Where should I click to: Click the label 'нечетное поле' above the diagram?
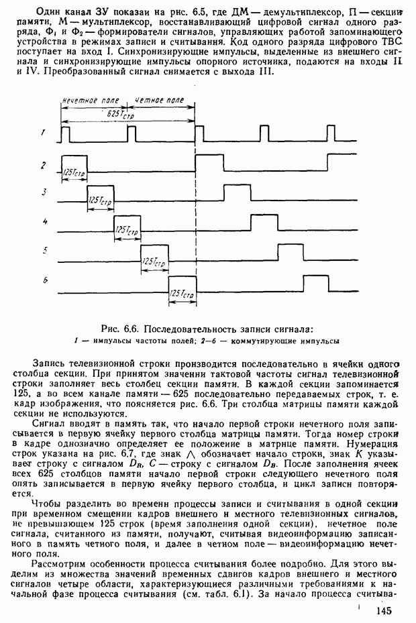click(x=90, y=100)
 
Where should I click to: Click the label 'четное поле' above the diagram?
click(x=160, y=100)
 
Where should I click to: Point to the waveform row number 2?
click(x=44, y=164)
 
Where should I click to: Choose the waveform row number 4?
click(x=44, y=221)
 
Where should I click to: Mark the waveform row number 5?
click(x=44, y=250)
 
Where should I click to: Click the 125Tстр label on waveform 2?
click(x=73, y=172)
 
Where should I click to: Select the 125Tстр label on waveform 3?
click(x=100, y=201)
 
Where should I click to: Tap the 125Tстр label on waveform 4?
click(x=127, y=230)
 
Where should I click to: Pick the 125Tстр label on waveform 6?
click(x=182, y=294)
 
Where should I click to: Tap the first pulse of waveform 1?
click(x=65, y=134)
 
